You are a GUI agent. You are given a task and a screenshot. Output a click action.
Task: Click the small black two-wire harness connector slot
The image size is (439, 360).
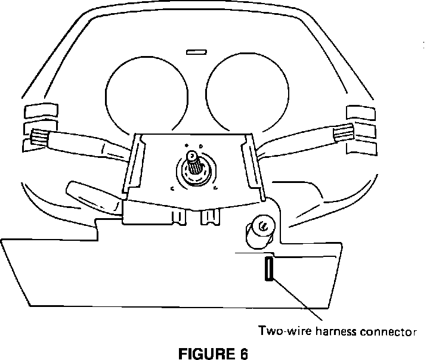pyautogui.click(x=269, y=269)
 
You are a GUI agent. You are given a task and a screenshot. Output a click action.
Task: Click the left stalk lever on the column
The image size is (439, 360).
pyautogui.click(x=89, y=145)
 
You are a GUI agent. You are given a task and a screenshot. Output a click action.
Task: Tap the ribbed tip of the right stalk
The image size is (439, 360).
pyautogui.click(x=345, y=133)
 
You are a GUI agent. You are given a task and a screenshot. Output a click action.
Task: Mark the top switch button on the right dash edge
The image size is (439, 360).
pyautogui.click(x=361, y=111)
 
